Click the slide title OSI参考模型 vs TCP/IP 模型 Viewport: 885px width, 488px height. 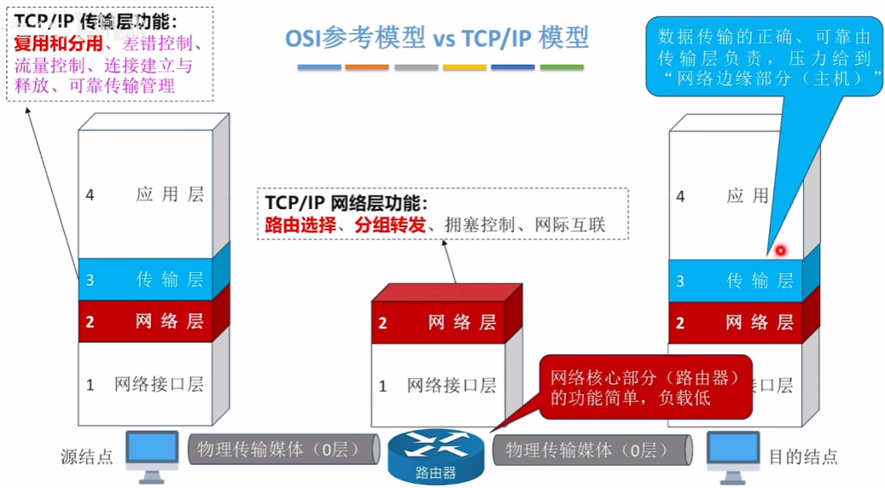click(x=436, y=38)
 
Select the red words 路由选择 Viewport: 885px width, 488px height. click(x=295, y=225)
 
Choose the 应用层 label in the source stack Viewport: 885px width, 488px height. click(x=169, y=194)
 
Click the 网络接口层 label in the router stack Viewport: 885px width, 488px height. click(x=451, y=385)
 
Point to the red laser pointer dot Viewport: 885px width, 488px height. click(x=780, y=250)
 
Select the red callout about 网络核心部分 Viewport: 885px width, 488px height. click(x=644, y=386)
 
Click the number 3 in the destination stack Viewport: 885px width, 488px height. click(x=680, y=281)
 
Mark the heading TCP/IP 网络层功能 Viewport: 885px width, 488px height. click(x=347, y=204)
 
